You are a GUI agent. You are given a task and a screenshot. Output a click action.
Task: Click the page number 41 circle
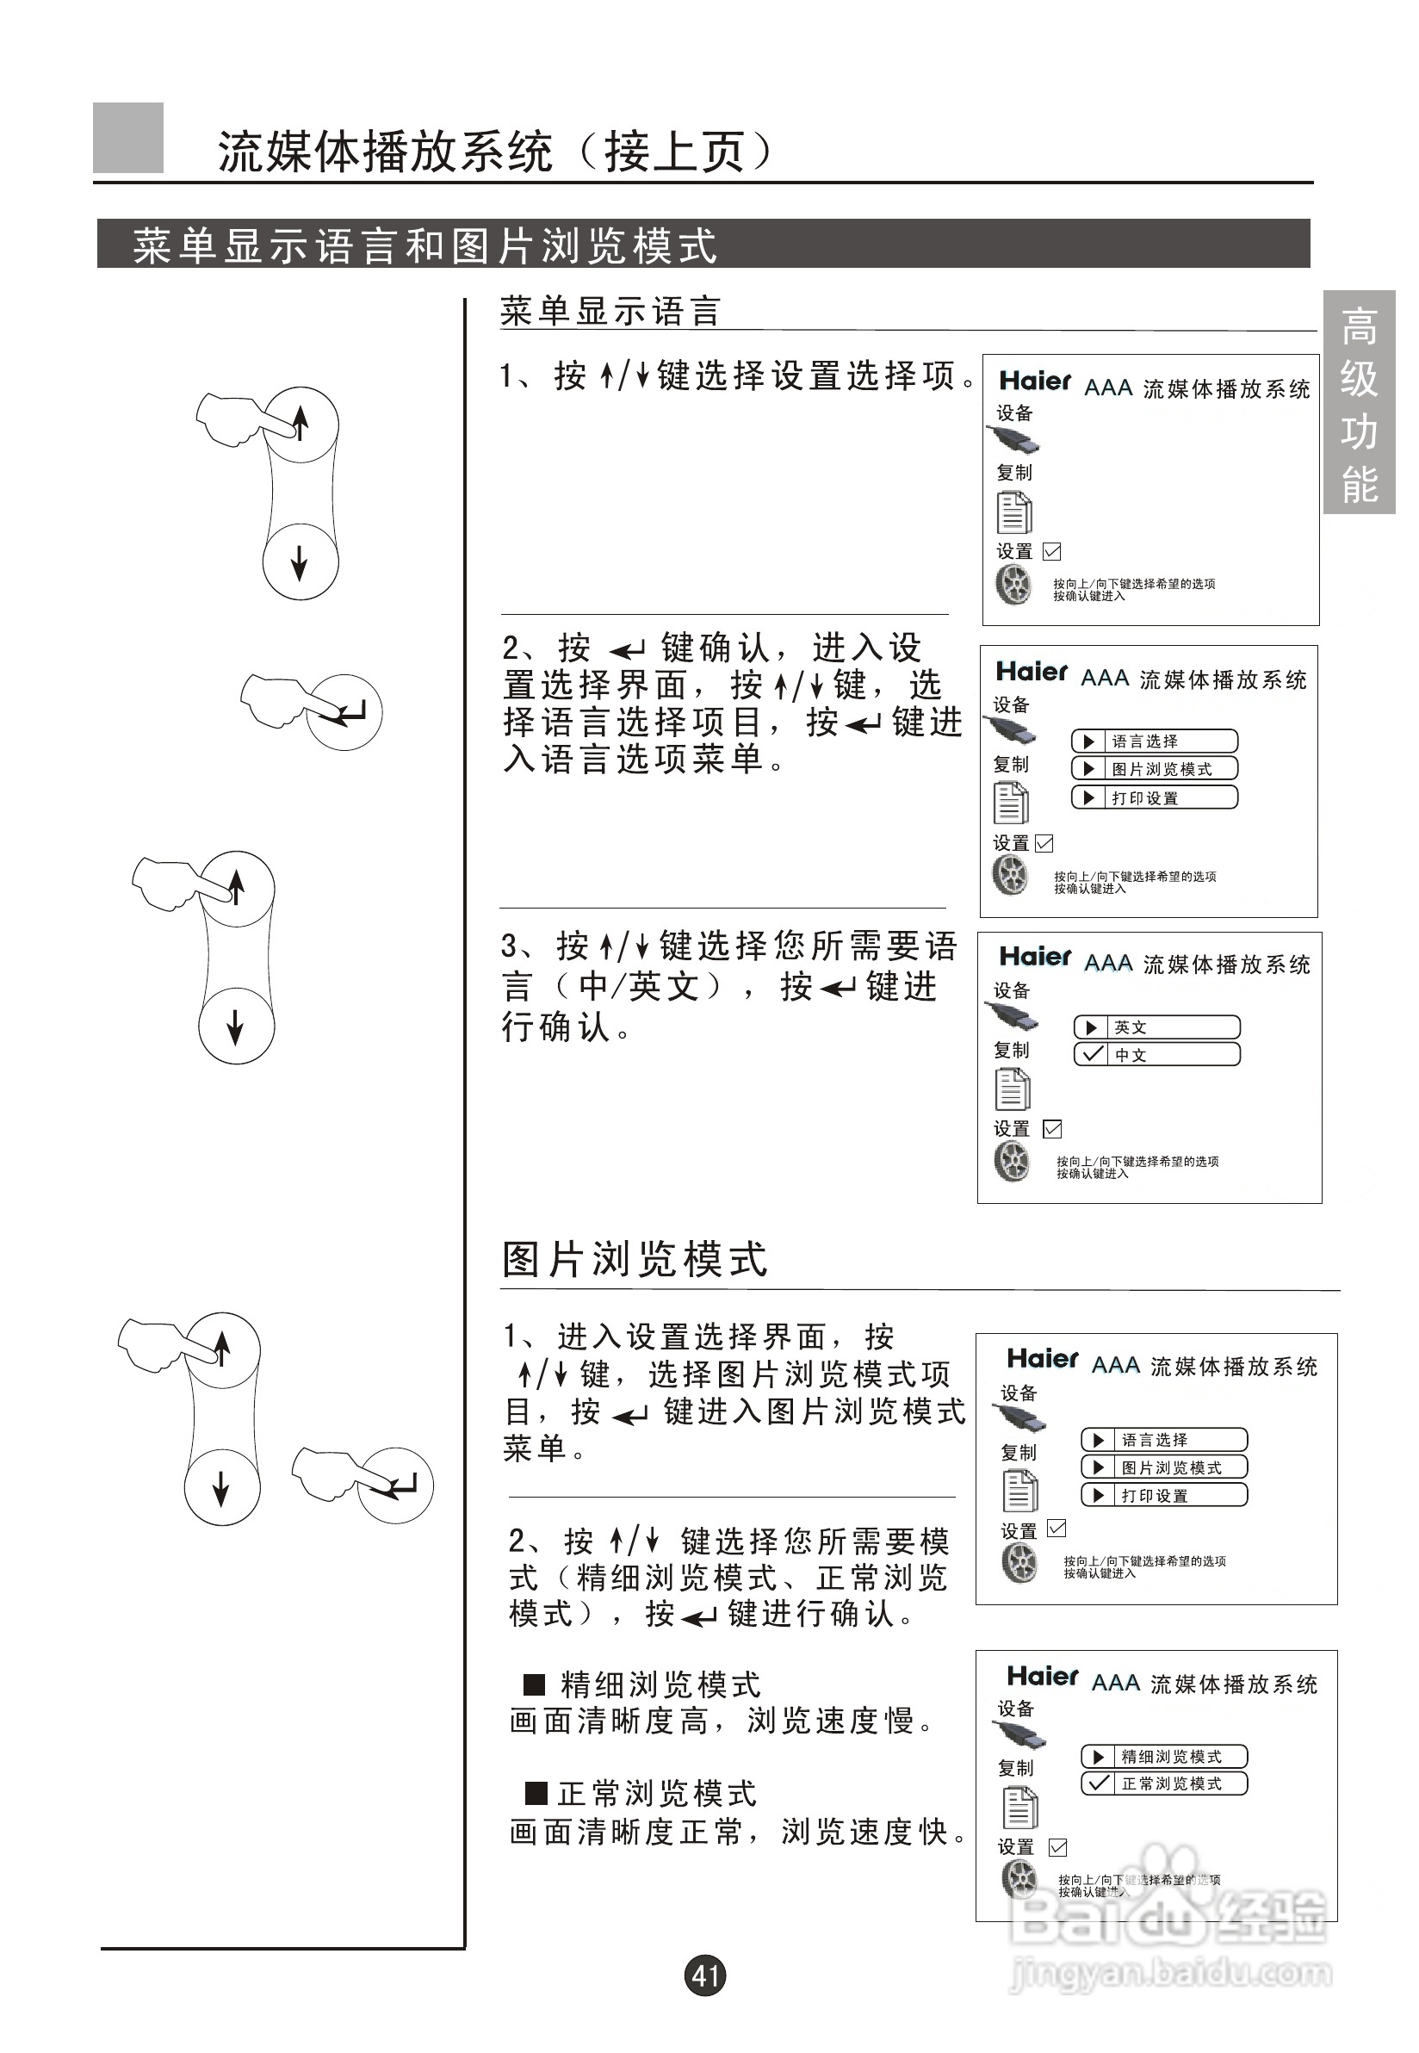[x=705, y=1975]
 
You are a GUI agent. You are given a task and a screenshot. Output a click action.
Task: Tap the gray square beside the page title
[x=128, y=138]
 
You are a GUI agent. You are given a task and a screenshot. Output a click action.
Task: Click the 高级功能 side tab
[x=1359, y=403]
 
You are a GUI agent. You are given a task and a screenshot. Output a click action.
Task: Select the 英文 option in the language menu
[x=1156, y=1027]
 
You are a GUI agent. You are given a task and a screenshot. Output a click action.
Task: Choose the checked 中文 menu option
[x=1156, y=1055]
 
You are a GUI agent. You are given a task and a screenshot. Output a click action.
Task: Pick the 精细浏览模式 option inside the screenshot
[x=1165, y=1756]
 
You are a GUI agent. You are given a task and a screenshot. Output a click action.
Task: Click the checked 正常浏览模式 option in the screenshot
[x=1165, y=1783]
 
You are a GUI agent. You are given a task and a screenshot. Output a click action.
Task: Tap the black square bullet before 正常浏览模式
[x=536, y=1792]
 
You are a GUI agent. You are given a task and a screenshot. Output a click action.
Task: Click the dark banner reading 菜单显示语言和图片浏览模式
[x=703, y=244]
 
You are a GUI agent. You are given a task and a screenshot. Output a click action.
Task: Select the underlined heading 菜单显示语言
[x=610, y=311]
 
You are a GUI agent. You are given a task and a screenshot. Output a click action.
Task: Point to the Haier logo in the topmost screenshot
[x=1035, y=381]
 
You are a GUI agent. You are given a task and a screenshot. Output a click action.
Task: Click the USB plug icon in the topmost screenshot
[x=1014, y=438]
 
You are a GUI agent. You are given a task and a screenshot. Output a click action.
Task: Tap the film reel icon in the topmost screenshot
[x=1013, y=585]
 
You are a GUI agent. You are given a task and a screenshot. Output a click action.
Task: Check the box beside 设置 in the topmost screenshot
[x=1052, y=551]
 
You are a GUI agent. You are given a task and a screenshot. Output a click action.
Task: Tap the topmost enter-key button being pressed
[x=345, y=712]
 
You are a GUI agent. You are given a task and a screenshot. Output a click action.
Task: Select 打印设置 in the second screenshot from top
[x=1154, y=797]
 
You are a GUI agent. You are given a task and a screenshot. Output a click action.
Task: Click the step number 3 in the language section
[x=510, y=946]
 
